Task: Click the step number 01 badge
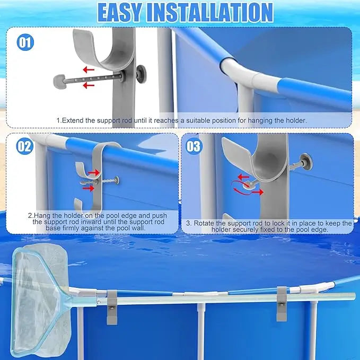(25, 42)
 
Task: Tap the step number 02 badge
(24, 146)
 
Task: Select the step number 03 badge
(194, 146)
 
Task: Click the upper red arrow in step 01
(89, 69)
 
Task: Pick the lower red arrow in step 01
(89, 86)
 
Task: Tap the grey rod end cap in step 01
(58, 81)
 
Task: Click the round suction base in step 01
(141, 74)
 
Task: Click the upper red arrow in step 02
(94, 173)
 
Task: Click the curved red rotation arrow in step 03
(240, 188)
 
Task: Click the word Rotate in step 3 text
(204, 223)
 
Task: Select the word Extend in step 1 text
(73, 120)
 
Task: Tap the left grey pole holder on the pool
(112, 307)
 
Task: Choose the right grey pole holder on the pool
(282, 303)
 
